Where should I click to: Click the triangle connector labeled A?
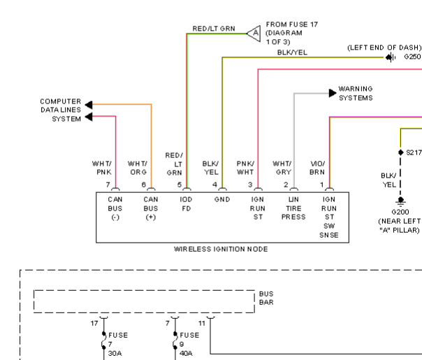tap(254, 34)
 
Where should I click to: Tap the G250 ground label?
tap(412, 57)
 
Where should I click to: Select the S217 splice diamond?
tap(401, 152)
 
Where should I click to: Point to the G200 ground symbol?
tap(400, 201)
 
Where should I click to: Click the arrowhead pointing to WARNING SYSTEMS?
tap(333, 93)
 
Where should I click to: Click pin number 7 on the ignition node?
tap(108, 185)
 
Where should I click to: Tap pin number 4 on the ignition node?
tap(214, 185)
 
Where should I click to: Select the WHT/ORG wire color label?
tap(137, 168)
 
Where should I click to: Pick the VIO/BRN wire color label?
tap(318, 168)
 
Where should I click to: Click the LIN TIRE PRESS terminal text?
tap(293, 208)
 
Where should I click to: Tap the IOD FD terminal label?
tap(186, 204)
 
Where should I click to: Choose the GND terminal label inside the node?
tap(222, 199)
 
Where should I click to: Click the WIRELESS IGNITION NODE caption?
tap(221, 249)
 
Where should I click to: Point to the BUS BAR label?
tap(266, 298)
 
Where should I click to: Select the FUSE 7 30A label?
tap(118, 344)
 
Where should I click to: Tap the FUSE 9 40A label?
tap(189, 344)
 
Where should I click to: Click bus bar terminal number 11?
tap(202, 323)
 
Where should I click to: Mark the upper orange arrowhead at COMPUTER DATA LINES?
tap(89, 104)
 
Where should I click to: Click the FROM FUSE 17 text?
tap(292, 24)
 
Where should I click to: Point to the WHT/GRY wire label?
tap(282, 168)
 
